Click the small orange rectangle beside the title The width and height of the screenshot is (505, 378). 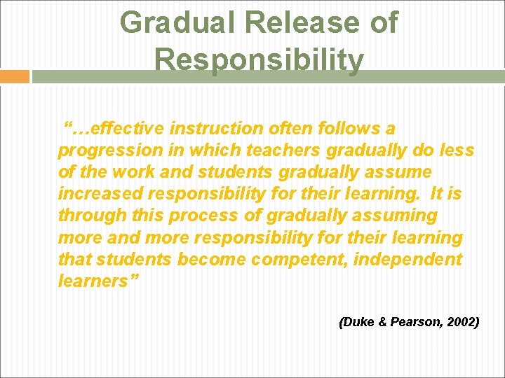coord(14,76)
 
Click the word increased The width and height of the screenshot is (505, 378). coord(100,194)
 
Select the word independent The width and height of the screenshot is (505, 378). coord(412,260)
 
